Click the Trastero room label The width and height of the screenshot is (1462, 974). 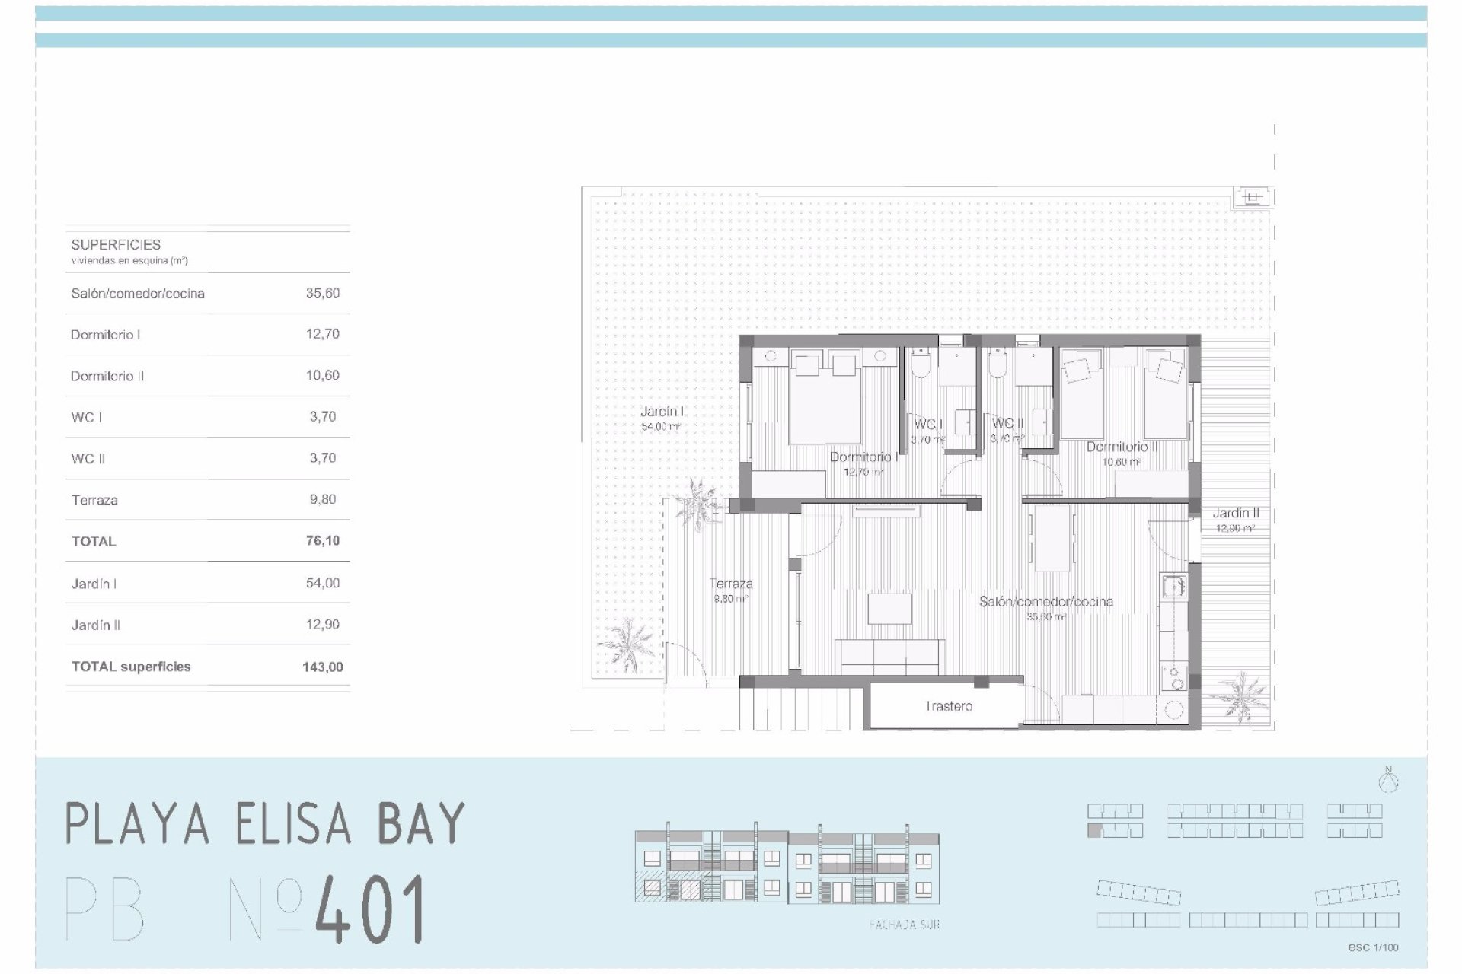point(949,706)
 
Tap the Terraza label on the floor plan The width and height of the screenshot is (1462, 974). point(731,584)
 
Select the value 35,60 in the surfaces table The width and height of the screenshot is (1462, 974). point(323,293)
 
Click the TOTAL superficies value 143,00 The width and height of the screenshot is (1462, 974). point(323,667)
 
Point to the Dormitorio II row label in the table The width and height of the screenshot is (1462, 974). point(107,376)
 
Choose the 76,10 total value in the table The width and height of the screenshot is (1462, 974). point(323,541)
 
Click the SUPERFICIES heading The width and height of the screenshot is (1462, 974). point(116,245)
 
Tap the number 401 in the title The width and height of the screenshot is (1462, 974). point(370,909)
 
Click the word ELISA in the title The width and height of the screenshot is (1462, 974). point(294,823)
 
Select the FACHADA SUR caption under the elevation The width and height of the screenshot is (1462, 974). point(905,925)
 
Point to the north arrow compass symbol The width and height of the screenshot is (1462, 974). point(1388,780)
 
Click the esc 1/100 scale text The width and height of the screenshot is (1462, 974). point(1373,947)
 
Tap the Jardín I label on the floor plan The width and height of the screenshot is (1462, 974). point(662,412)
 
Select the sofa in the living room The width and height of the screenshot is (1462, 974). point(889,656)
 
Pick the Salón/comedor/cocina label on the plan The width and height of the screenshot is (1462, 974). point(1045,602)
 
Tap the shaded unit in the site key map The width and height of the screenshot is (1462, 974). point(1094,831)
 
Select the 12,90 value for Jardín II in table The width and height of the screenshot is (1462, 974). point(323,625)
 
